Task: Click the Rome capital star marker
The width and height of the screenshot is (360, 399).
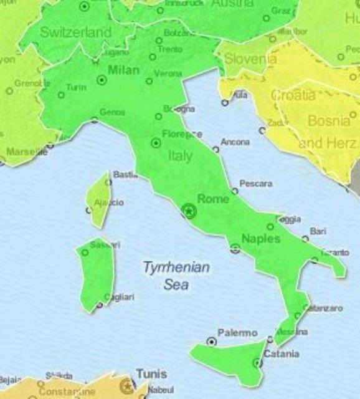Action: point(187,211)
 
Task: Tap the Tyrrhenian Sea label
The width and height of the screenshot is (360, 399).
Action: point(176,276)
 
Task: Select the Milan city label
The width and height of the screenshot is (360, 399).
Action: point(123,70)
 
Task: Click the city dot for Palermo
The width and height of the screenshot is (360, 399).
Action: point(212,342)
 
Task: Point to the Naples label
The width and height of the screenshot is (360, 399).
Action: point(260,239)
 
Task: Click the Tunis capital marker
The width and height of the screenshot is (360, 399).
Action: point(128,385)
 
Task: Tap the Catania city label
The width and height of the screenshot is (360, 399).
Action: point(281,354)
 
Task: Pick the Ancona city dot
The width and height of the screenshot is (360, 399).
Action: point(216,150)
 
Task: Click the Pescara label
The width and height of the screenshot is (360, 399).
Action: point(257,184)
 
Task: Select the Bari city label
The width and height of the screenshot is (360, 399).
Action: point(318,231)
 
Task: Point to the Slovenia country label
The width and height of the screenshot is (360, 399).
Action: point(250,59)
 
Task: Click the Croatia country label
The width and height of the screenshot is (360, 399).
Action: point(293,95)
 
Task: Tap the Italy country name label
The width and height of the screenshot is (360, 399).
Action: point(180,156)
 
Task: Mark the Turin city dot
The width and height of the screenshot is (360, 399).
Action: point(61,95)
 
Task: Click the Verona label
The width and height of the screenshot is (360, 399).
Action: point(168,74)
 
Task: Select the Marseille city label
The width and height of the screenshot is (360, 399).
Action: point(27,151)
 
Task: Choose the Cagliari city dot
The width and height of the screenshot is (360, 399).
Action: point(100,305)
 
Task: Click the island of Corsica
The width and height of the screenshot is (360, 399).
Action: point(98,199)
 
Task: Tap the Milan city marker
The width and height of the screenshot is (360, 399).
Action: point(101,79)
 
